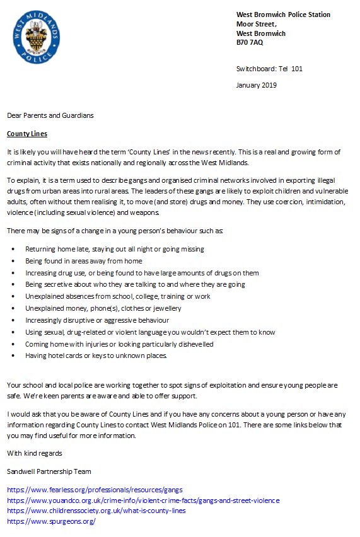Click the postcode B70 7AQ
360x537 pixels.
[x=250, y=43]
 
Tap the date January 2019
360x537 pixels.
[x=256, y=85]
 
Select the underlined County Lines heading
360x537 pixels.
[x=26, y=134]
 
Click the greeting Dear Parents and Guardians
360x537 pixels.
[x=50, y=115]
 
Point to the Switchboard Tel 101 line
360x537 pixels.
[x=269, y=69]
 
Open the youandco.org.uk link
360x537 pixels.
[x=143, y=500]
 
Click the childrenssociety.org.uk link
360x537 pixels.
[x=96, y=511]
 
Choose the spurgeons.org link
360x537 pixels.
[x=51, y=521]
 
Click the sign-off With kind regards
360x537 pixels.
[x=34, y=453]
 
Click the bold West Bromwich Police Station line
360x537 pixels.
[x=283, y=14]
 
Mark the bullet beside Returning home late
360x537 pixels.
[x=13, y=250]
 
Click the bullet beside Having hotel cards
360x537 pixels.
[x=13, y=356]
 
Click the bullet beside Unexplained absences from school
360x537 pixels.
[x=13, y=297]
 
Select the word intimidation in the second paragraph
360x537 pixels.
[x=320, y=202]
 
